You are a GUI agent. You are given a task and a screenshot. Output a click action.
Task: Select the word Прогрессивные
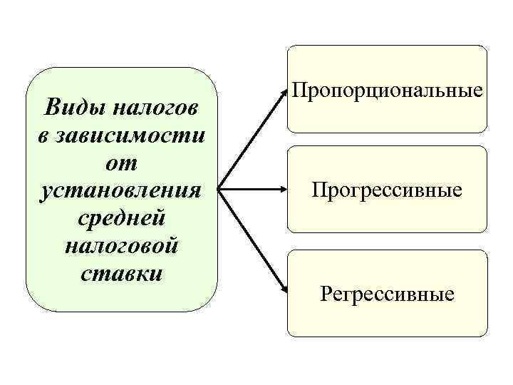pos(387,190)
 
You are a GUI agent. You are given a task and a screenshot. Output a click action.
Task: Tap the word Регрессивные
pos(387,293)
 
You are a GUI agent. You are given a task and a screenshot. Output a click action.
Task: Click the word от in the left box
pos(120,163)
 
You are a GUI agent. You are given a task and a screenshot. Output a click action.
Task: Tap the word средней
pos(120,218)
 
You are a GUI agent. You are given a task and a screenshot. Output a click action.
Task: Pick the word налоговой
pos(120,246)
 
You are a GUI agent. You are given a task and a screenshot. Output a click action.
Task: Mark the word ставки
pos(120,274)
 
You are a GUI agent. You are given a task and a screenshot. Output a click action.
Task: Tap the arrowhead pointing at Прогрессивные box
pos(282,190)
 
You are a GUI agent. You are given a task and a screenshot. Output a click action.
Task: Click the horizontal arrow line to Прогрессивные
pos(249,190)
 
